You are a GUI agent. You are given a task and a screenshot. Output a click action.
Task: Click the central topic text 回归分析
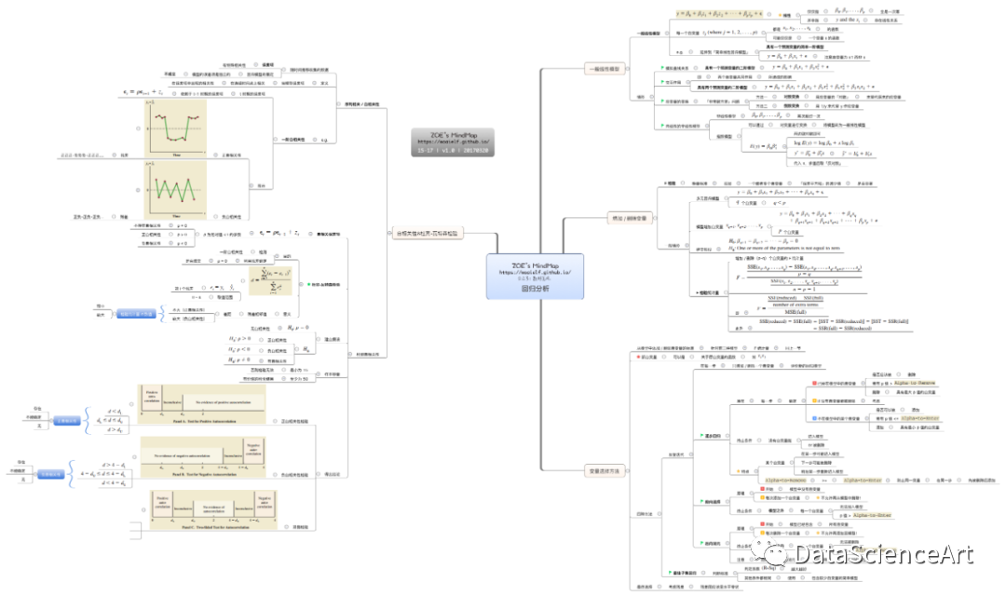tap(535, 289)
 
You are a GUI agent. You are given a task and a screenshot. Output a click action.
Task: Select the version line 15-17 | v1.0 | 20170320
tap(455, 149)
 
